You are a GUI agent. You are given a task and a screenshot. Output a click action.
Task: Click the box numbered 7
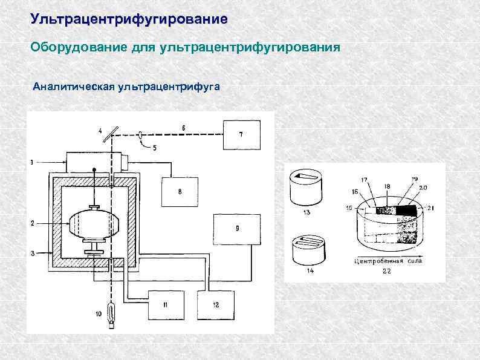(x=241, y=134)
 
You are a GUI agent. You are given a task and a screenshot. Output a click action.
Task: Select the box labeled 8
(x=180, y=191)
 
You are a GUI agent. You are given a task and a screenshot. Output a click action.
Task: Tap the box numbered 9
(x=237, y=228)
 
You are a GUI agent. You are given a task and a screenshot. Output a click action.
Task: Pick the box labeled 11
(x=164, y=304)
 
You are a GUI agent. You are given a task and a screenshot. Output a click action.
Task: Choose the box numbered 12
(x=216, y=304)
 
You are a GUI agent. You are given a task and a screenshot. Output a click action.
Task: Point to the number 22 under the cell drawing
(x=386, y=272)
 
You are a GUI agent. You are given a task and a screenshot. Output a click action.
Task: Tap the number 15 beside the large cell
(x=348, y=209)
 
